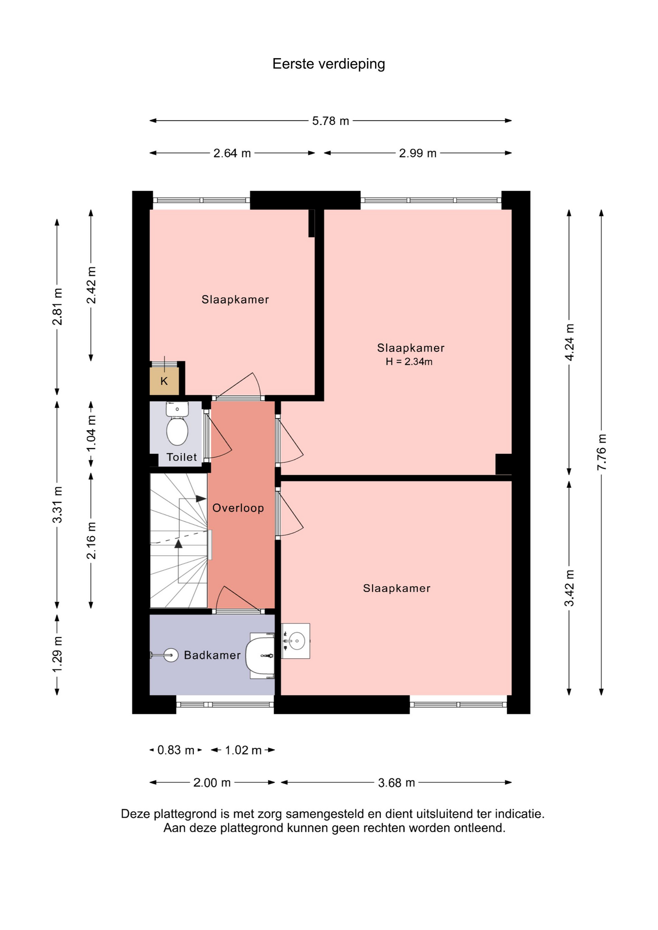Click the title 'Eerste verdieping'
(329, 64)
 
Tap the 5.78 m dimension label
(330, 121)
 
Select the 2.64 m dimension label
(232, 154)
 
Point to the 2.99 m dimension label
(418, 154)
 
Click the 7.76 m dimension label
(601, 452)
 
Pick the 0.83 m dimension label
(176, 750)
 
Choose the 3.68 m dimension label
(396, 783)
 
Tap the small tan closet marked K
(164, 381)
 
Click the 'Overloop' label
(238, 508)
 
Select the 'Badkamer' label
(212, 655)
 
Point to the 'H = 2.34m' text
(409, 361)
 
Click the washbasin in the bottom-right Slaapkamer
(296, 641)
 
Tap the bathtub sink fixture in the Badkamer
(260, 655)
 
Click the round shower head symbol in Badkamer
(171, 655)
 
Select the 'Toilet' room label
(182, 457)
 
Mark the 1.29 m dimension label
(57, 654)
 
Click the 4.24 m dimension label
(569, 342)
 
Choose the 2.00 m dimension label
(212, 783)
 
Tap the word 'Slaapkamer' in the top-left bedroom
(235, 300)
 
